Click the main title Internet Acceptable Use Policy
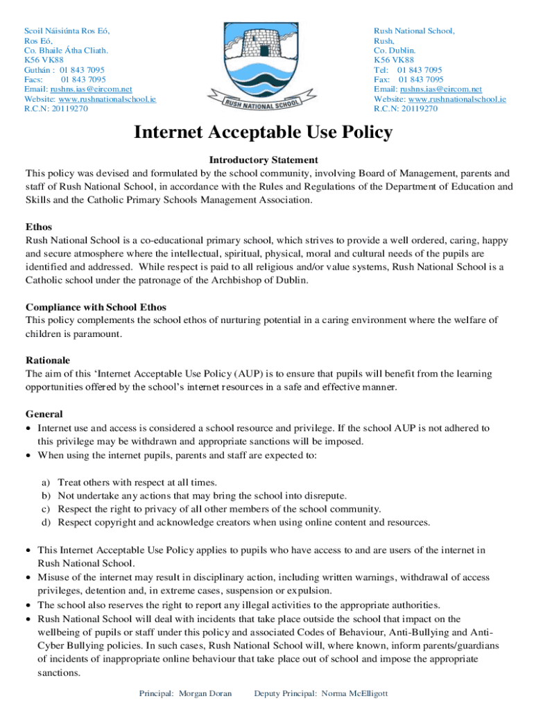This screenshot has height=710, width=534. (x=263, y=132)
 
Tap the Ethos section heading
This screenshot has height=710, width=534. (x=39, y=227)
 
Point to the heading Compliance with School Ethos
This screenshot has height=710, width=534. (x=96, y=307)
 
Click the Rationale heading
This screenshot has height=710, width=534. (x=48, y=361)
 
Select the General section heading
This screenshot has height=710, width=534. (x=44, y=415)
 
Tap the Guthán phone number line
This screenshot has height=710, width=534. (x=64, y=70)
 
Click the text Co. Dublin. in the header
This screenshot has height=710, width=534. (x=395, y=51)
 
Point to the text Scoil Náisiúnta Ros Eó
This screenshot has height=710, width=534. (x=67, y=31)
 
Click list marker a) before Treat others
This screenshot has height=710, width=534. (x=46, y=482)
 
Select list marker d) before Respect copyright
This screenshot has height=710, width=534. (x=46, y=522)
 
